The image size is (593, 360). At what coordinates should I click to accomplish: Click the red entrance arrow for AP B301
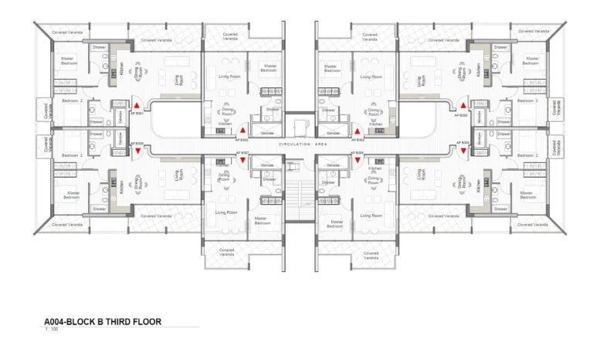coord(137,105)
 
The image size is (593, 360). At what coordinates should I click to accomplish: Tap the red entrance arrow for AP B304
coord(463,105)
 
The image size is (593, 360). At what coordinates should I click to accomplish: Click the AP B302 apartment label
coord(242,140)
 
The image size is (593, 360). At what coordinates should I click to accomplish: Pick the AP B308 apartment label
coord(137,143)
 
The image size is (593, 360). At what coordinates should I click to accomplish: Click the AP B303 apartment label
coord(359,140)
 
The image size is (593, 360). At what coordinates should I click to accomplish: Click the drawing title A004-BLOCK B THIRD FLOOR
coord(103,321)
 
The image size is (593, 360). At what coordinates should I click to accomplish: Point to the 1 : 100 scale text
coord(53,330)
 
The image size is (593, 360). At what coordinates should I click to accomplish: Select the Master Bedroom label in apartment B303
coord(334,68)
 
